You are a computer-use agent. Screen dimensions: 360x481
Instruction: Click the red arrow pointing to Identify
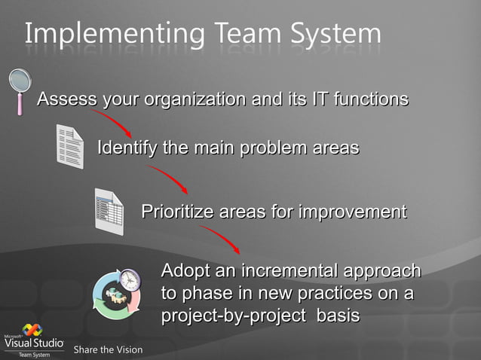pyautogui.click(x=113, y=124)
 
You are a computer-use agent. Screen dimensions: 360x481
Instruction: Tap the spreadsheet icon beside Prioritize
pyautogui.click(x=109, y=211)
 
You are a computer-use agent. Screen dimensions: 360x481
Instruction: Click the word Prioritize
pyautogui.click(x=177, y=212)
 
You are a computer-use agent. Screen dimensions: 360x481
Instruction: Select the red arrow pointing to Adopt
pyautogui.click(x=221, y=240)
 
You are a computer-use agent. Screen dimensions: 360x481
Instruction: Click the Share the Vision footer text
pyautogui.click(x=108, y=349)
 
